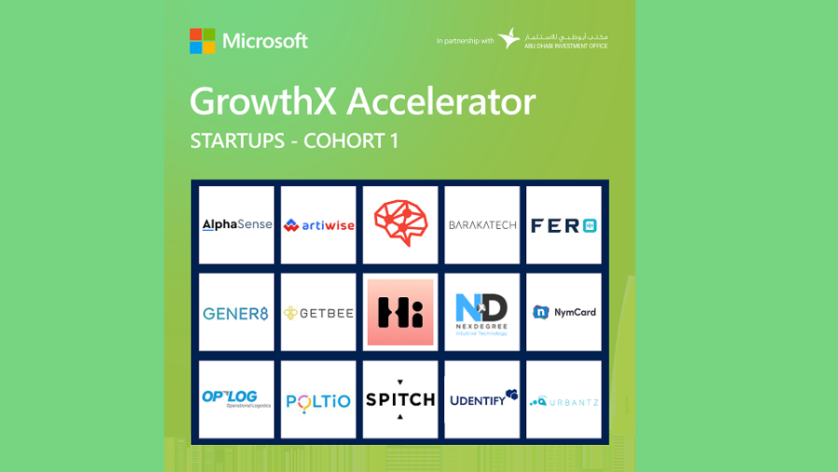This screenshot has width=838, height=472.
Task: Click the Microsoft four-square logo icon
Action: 202,41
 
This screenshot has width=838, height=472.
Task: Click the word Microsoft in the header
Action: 264,41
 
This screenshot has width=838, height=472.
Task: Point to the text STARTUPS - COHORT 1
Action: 301,142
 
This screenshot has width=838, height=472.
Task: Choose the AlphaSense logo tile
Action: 237,224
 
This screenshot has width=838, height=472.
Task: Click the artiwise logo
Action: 318,225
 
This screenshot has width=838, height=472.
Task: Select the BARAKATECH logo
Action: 482,225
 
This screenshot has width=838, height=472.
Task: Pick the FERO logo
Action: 563,225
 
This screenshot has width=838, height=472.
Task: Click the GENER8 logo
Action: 237,313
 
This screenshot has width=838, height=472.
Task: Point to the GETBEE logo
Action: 318,313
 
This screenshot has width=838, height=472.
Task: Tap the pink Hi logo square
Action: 400,312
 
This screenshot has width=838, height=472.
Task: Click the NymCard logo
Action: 563,312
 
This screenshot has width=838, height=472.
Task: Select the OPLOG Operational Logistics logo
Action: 237,398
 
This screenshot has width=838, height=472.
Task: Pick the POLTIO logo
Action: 318,401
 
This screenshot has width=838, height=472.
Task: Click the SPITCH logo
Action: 400,398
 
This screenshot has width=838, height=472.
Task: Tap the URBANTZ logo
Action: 563,401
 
